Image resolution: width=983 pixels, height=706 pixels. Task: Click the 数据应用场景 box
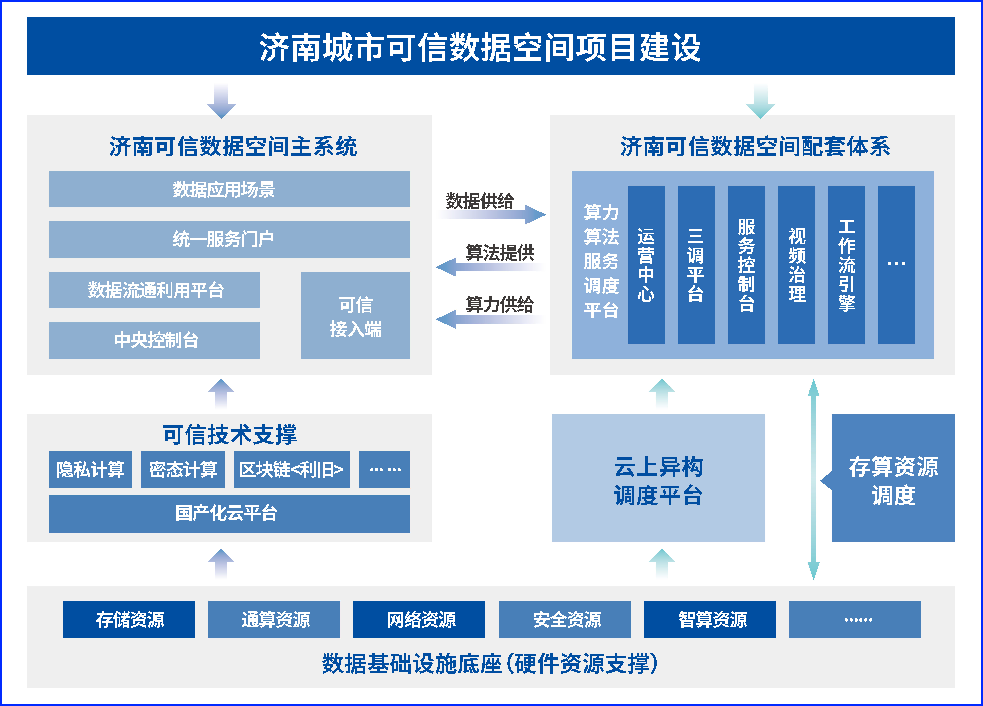229,189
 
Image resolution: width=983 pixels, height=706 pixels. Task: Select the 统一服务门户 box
229,239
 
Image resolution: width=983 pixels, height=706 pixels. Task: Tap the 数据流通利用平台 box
154,289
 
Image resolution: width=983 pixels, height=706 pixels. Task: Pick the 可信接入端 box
355,315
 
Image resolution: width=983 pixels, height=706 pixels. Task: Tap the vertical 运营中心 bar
646,264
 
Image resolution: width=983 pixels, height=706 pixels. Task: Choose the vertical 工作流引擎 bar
846,264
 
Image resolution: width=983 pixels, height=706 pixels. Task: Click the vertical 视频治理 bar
796,264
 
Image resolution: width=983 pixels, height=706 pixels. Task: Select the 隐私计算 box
90,469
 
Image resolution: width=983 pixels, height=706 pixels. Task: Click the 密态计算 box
183,469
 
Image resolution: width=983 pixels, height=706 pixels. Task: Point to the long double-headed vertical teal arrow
814,479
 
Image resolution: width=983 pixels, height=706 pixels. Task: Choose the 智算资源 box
710,619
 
